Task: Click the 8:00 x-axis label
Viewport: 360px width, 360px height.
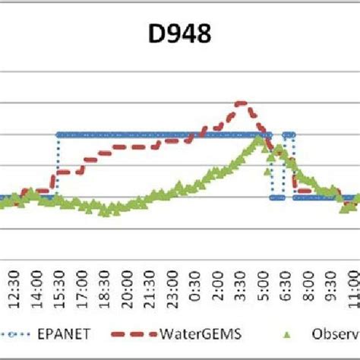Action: (336, 291)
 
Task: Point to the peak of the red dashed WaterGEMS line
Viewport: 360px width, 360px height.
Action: (241, 103)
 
